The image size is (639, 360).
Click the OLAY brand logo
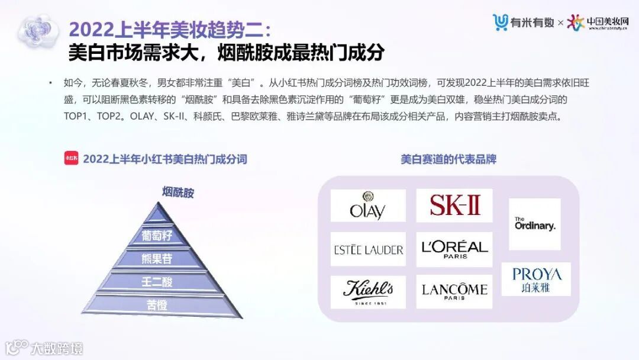[x=368, y=205]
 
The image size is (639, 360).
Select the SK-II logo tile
[x=454, y=205]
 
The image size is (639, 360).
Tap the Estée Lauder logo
[x=368, y=249]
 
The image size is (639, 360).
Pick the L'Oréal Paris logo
[x=454, y=249]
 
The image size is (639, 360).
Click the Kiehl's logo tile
[x=368, y=291]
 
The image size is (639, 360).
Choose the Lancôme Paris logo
[x=454, y=291]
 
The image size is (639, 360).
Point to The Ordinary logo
[x=534, y=224]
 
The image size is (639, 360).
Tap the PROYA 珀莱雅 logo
[x=536, y=279]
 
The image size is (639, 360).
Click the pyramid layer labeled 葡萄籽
[x=157, y=236]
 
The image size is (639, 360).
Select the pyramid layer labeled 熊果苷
[x=157, y=259]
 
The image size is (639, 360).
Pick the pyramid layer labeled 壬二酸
[x=157, y=282]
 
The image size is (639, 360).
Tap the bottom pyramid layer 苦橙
[x=157, y=305]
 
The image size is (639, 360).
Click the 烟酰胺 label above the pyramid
[x=178, y=192]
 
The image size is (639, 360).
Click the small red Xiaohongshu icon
[x=71, y=159]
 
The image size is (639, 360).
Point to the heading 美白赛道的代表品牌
[x=448, y=159]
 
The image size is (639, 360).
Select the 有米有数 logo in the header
[x=524, y=22]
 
